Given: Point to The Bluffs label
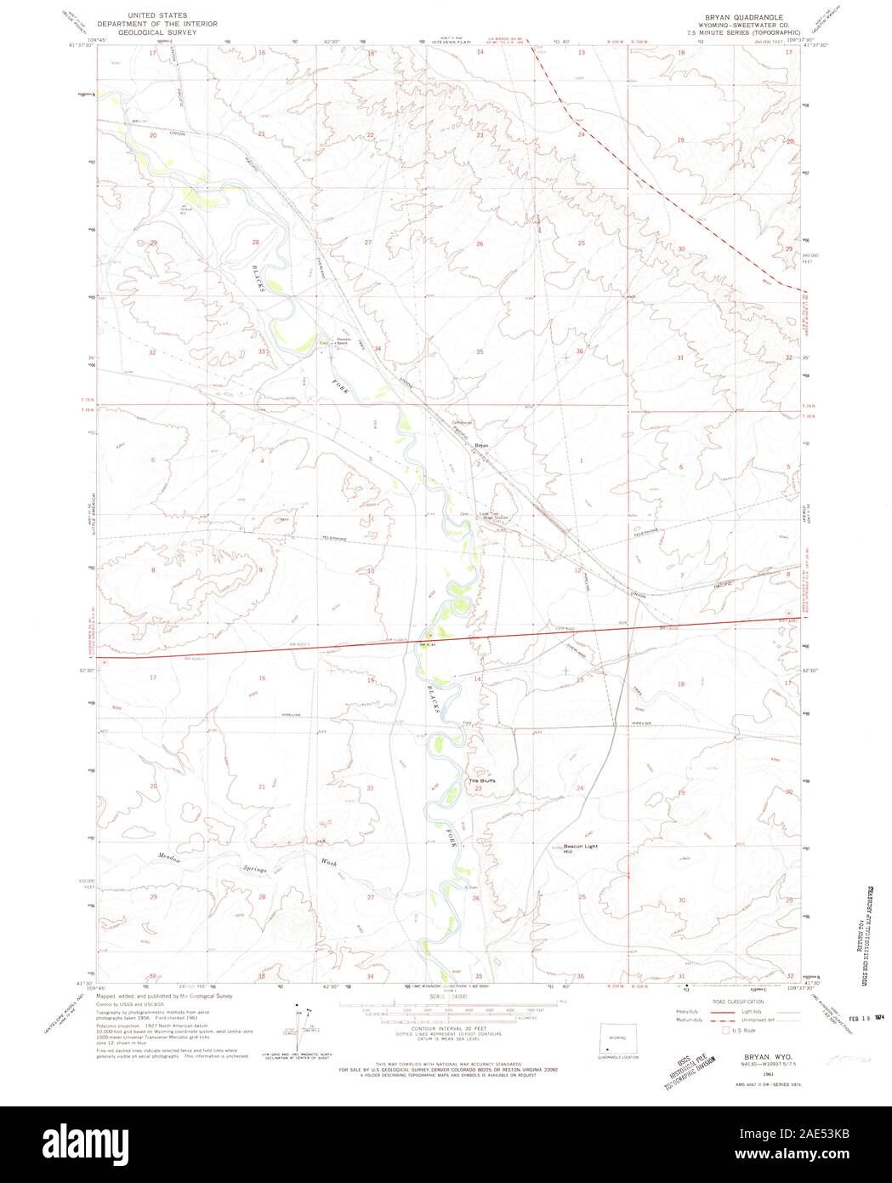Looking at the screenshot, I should coord(481,780).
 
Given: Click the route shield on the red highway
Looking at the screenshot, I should coord(430,634).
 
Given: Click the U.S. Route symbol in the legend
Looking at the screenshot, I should coord(725,1030).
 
